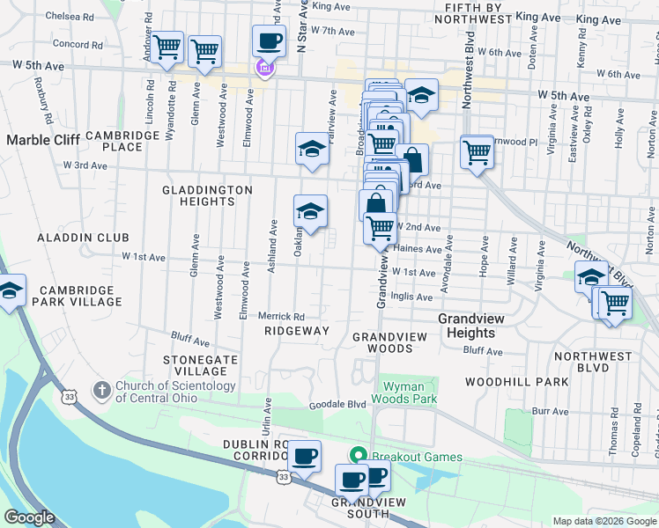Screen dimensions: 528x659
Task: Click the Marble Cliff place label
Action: coord(43,139)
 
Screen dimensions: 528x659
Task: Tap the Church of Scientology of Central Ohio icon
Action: coord(101,388)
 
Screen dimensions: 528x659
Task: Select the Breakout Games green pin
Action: coord(359,456)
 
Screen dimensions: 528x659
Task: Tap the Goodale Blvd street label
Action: coord(337,405)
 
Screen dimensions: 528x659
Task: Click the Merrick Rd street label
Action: coord(281,316)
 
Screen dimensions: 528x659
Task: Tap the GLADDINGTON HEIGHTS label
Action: coord(207,195)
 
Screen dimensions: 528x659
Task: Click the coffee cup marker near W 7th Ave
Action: coord(269,40)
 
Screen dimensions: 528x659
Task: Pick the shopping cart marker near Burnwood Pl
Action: coord(477,152)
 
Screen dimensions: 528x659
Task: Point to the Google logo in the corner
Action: coord(28,517)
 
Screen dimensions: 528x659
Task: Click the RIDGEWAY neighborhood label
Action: coord(297,331)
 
